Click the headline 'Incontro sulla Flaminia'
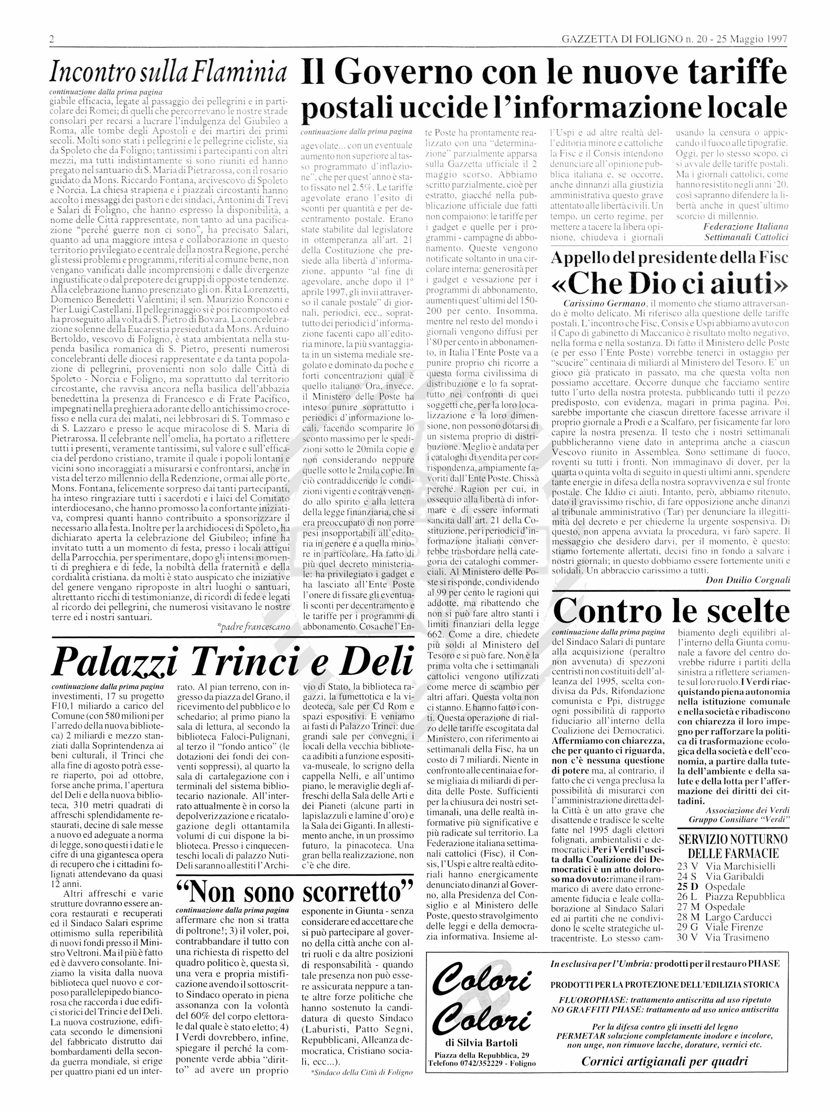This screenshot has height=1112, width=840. pos(168,74)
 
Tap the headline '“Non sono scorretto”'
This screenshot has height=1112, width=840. pos(295,892)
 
